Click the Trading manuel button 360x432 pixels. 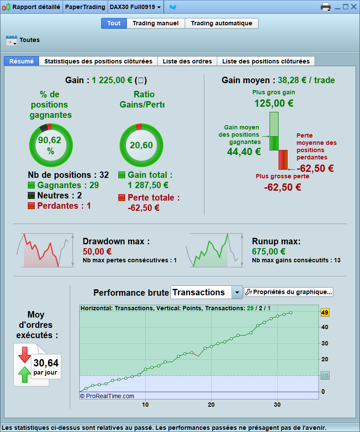(156, 23)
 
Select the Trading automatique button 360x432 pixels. (221, 23)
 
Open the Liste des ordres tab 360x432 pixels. (187, 61)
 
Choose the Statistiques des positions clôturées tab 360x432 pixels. (98, 61)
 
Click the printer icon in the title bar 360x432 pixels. (326, 7)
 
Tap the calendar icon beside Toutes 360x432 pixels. (11, 40)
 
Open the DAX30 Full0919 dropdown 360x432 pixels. (135, 7)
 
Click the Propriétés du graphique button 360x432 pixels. (288, 292)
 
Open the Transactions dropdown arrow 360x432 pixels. (237, 292)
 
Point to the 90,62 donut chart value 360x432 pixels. (50, 140)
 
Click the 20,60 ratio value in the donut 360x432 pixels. (141, 145)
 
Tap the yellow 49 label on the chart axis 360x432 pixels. (324, 312)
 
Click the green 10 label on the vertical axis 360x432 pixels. (325, 376)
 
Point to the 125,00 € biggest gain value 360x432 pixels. (273, 103)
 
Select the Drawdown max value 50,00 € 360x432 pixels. (97, 251)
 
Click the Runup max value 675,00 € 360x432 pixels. (269, 251)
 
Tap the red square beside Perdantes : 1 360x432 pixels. (31, 206)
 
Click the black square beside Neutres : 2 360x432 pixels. (31, 196)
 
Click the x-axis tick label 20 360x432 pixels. (211, 404)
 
